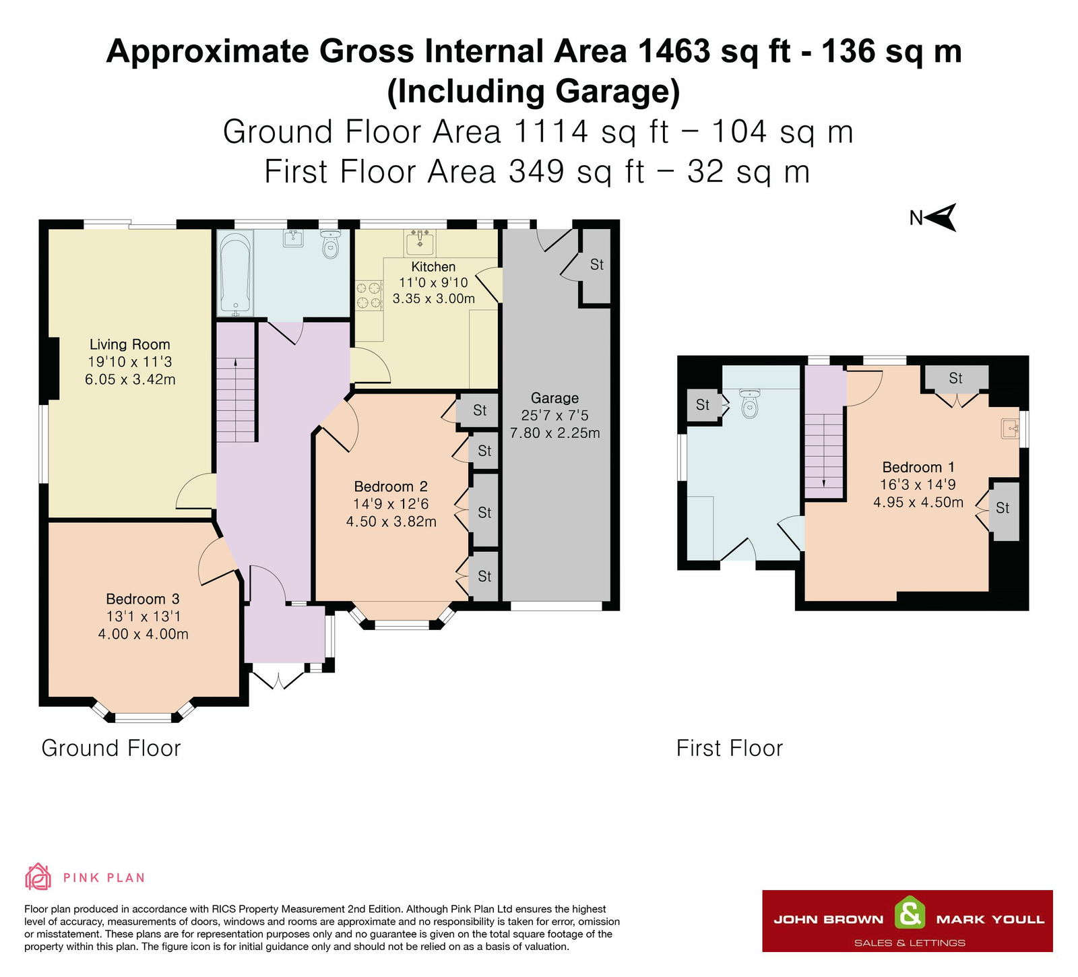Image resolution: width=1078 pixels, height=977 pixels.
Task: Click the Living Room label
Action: (129, 344)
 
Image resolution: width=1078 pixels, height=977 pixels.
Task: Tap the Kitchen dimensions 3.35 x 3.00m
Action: (434, 298)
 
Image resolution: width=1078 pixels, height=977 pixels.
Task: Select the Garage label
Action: (554, 398)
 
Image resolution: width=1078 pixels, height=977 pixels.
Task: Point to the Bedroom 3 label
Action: (143, 599)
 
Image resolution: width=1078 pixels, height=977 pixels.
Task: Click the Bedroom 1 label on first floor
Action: (918, 467)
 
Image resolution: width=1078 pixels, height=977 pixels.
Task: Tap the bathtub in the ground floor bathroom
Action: (235, 272)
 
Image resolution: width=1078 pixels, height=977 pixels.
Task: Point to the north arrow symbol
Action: (941, 217)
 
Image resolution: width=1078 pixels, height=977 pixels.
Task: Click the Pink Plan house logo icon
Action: (38, 877)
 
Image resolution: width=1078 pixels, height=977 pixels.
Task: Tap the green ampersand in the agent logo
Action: (910, 914)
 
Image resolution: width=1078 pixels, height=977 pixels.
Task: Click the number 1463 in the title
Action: (674, 51)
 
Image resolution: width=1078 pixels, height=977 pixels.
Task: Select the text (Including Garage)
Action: (534, 92)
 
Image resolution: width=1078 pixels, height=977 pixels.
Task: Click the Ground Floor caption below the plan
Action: (111, 748)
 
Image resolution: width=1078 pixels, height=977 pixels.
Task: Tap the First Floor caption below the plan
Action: (730, 748)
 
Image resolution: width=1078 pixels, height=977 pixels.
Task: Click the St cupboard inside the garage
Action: (596, 265)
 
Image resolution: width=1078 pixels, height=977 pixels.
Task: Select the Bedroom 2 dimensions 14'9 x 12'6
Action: (391, 504)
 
